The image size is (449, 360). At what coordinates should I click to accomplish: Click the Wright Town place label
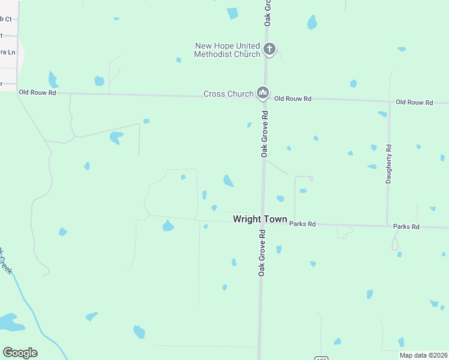pos(260,220)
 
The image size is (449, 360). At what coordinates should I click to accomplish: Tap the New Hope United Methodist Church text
pos(227,50)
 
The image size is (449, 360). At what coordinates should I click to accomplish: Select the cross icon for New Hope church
pos(270,49)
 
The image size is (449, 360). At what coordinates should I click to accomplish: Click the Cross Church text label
pos(228,94)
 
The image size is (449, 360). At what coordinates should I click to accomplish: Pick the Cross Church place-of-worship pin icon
pos(262,93)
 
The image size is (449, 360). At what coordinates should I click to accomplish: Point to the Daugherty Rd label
pos(389,164)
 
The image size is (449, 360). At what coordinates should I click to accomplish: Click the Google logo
pos(20,353)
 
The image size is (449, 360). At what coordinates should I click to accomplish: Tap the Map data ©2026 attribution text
pos(424,355)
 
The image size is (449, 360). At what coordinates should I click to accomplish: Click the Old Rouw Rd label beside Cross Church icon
pos(293,98)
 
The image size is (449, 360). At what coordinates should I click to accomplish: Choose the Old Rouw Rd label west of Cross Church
pos(37,92)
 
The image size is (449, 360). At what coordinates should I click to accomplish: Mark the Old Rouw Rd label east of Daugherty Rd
pos(414,103)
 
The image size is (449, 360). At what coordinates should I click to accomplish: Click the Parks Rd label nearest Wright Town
pos(303,224)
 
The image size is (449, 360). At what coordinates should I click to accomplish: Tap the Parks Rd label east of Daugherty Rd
pos(406,227)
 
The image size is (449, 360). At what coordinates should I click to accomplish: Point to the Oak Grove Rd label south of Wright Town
pos(262,252)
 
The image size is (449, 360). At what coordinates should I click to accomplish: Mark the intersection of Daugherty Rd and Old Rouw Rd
pos(389,101)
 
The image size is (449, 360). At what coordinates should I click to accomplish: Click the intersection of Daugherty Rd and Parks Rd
pos(387,226)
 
